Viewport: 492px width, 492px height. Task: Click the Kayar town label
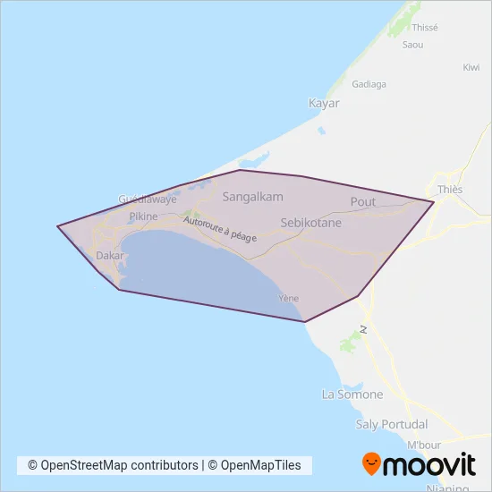tap(324, 103)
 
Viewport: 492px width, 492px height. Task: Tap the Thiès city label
tap(450, 190)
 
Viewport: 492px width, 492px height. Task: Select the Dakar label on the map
tap(109, 255)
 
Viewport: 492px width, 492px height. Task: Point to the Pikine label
tap(143, 216)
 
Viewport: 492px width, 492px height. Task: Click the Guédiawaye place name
tap(148, 199)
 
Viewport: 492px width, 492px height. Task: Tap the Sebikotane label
tap(311, 223)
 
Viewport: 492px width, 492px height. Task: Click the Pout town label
tap(363, 202)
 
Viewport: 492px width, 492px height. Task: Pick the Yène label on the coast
tap(288, 298)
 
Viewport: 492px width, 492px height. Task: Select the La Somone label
tap(352, 394)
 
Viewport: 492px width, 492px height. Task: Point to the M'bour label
tap(426, 445)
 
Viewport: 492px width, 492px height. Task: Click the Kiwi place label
tap(471, 67)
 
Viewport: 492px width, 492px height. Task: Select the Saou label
tap(412, 44)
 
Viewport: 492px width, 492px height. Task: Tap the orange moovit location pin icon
tap(371, 464)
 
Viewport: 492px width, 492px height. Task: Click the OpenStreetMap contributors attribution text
tap(113, 465)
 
